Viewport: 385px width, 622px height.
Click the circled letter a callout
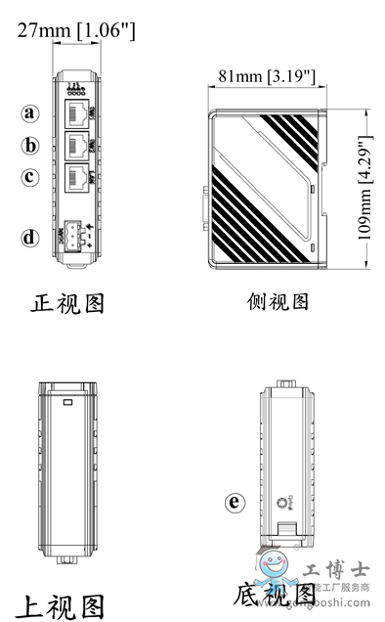[x=31, y=112]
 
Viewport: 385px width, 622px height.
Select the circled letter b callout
[x=31, y=146]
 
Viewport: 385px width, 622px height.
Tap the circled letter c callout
[x=31, y=178]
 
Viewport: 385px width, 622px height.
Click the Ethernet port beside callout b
[x=75, y=146]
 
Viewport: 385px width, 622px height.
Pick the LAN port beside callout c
[x=75, y=179]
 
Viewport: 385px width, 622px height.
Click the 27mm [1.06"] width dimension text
[x=76, y=31]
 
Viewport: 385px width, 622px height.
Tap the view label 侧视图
[x=278, y=302]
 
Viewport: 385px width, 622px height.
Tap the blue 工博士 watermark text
[x=332, y=568]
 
